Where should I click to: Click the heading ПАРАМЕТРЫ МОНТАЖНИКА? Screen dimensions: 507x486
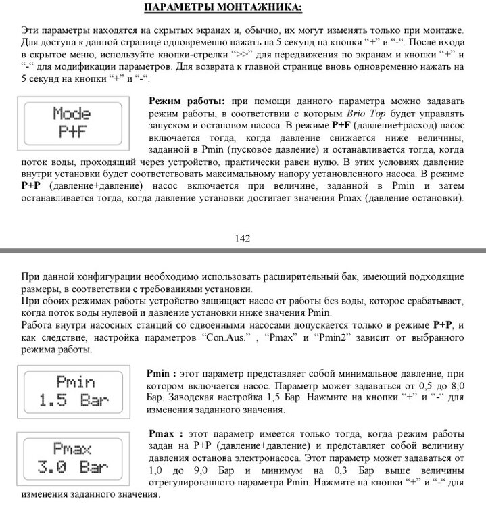tap(224, 8)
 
